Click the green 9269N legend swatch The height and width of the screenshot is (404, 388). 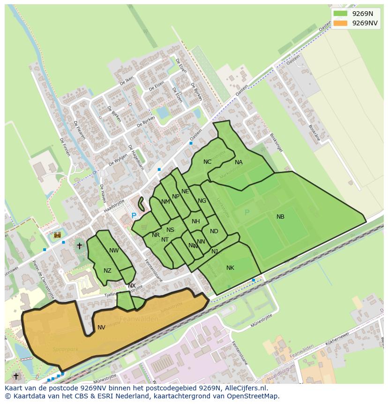(340, 14)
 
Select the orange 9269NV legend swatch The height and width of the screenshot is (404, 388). (340, 23)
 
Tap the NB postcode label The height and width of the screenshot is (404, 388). (280, 217)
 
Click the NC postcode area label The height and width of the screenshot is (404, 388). (207, 162)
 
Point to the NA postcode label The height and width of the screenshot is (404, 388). (239, 162)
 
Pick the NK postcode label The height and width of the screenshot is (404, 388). (230, 268)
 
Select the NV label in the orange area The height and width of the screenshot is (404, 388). (101, 328)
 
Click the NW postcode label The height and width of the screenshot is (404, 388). (114, 251)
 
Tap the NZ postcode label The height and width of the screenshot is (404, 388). (107, 271)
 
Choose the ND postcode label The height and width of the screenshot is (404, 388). (214, 231)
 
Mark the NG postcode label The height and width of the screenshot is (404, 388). (202, 201)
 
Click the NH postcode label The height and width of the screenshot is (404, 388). (196, 221)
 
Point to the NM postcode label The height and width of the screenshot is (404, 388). (165, 202)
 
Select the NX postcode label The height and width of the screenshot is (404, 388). (132, 286)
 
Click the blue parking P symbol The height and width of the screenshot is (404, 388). (134, 216)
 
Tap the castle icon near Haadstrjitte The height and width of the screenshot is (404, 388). (58, 235)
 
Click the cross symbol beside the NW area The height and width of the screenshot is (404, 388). (79, 245)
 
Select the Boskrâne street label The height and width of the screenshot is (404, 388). (314, 132)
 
